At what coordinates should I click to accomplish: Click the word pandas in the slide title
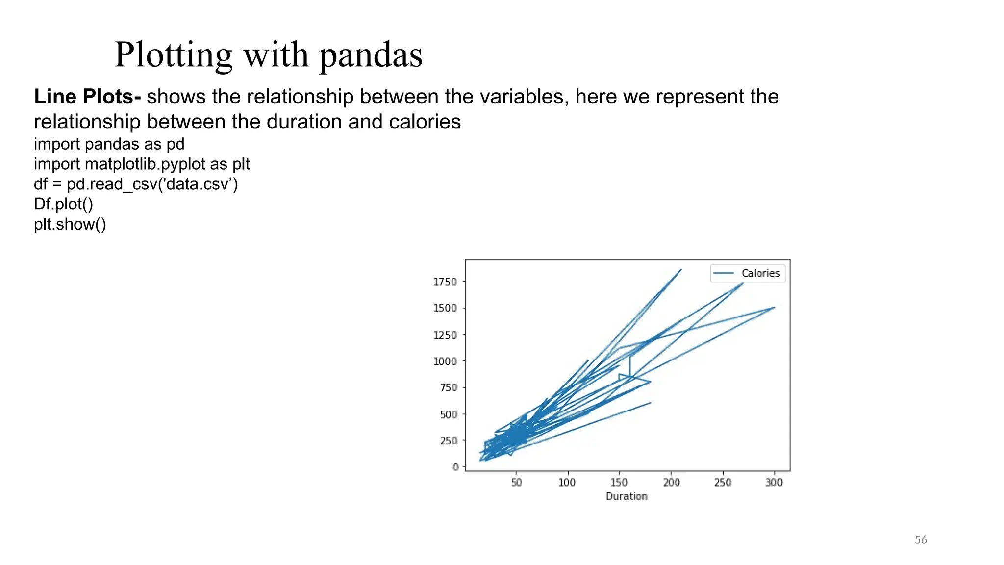(x=371, y=55)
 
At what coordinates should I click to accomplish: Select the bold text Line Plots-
(x=87, y=97)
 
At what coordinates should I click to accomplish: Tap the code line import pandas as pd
(x=109, y=144)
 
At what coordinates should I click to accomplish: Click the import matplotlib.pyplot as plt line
(x=142, y=164)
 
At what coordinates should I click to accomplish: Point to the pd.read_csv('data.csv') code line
(x=136, y=184)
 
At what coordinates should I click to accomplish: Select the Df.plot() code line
(x=63, y=204)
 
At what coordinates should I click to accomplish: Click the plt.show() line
(x=70, y=224)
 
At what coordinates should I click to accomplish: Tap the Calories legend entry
(x=760, y=273)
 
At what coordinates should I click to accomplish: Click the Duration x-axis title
(x=627, y=496)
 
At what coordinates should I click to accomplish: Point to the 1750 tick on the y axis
(x=445, y=282)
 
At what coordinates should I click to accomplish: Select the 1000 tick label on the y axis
(x=445, y=361)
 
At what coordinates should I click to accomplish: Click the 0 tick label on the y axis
(x=455, y=467)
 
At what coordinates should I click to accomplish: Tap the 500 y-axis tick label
(x=448, y=414)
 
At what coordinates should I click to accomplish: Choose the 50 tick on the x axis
(x=516, y=483)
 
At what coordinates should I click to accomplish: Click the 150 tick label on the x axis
(x=619, y=483)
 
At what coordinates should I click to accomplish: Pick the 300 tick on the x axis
(x=774, y=483)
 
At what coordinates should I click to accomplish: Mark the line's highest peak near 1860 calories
(x=681, y=269)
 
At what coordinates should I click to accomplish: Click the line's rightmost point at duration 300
(x=774, y=308)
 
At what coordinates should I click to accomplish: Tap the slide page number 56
(x=921, y=540)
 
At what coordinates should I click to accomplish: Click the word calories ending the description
(x=425, y=122)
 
